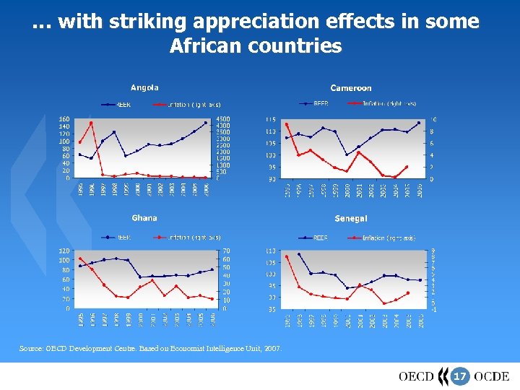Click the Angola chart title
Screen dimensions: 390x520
tap(144, 88)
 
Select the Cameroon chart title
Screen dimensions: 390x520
tap(351, 88)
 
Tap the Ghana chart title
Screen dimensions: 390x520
tap(144, 217)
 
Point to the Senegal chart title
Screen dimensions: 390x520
tap(351, 218)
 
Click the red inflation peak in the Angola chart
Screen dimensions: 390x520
tap(91, 123)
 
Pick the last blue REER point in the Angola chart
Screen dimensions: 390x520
tap(206, 123)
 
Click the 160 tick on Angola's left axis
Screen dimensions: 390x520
tap(64, 119)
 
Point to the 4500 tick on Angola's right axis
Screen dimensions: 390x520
tap(224, 119)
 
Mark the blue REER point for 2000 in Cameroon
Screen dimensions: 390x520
tap(347, 155)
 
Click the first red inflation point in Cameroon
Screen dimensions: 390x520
tap(287, 124)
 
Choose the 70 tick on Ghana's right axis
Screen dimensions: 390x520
tap(226, 251)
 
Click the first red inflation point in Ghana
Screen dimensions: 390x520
tap(79, 259)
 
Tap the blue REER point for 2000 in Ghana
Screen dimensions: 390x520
tap(140, 277)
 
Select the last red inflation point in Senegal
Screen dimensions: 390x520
tap(408, 293)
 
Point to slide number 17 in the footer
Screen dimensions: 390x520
tap(459, 376)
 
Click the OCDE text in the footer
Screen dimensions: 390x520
tap(492, 376)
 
